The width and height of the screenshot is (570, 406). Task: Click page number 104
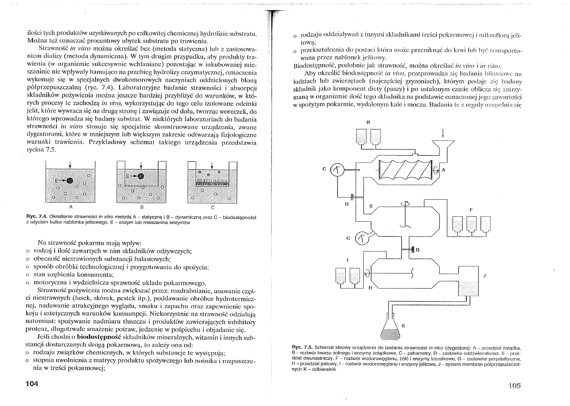coord(33,384)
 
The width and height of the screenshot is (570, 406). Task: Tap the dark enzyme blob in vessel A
coord(70,181)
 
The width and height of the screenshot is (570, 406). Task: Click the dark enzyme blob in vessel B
coord(141,176)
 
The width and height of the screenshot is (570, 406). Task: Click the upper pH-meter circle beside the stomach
coord(338,170)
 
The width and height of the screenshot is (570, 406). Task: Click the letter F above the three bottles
coord(471,210)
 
